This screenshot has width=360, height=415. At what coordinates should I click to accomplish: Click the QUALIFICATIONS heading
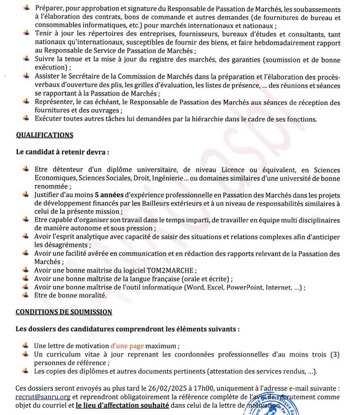pyautogui.click(x=45, y=135)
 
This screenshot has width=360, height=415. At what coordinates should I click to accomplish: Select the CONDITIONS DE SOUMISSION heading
pyautogui.click(x=64, y=312)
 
